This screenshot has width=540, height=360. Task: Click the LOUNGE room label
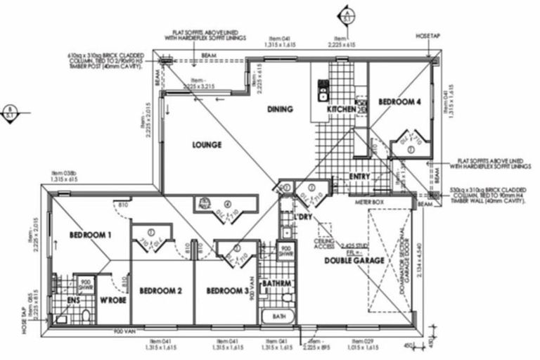[207, 145]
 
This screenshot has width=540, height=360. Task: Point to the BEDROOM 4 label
[399, 102]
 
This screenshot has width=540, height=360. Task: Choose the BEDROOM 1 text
[91, 235]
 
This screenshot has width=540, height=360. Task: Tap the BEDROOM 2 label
[160, 290]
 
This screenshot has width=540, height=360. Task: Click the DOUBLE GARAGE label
[354, 261]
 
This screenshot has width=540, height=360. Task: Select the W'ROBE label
[112, 302]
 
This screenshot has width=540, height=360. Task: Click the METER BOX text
[368, 201]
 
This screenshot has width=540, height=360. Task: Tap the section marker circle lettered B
[10, 112]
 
